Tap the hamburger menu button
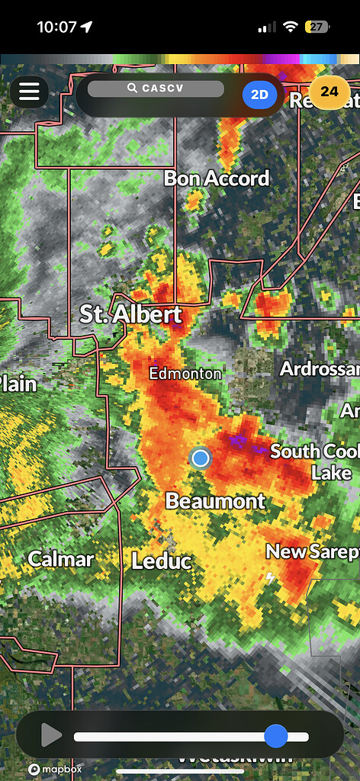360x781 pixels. pyautogui.click(x=29, y=92)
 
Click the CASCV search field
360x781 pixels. pyautogui.click(x=156, y=88)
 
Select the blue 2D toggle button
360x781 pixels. pyautogui.click(x=260, y=94)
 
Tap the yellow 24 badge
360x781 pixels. pyautogui.click(x=329, y=92)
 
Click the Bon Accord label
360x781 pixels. pyautogui.click(x=217, y=178)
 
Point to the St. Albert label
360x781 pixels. pyautogui.click(x=131, y=314)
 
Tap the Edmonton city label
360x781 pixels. pyautogui.click(x=185, y=374)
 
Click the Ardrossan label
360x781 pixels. pyautogui.click(x=319, y=369)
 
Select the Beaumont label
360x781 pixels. pyautogui.click(x=215, y=501)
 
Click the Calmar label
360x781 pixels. pyautogui.click(x=61, y=559)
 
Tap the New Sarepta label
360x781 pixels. pyautogui.click(x=311, y=551)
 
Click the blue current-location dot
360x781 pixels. pyautogui.click(x=200, y=458)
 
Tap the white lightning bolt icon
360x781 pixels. pyautogui.click(x=271, y=578)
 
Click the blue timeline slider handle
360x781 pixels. pyautogui.click(x=275, y=736)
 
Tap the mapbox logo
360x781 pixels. pyautogui.click(x=55, y=770)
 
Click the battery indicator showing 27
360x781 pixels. pyautogui.click(x=317, y=27)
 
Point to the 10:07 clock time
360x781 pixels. pyautogui.click(x=57, y=27)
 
